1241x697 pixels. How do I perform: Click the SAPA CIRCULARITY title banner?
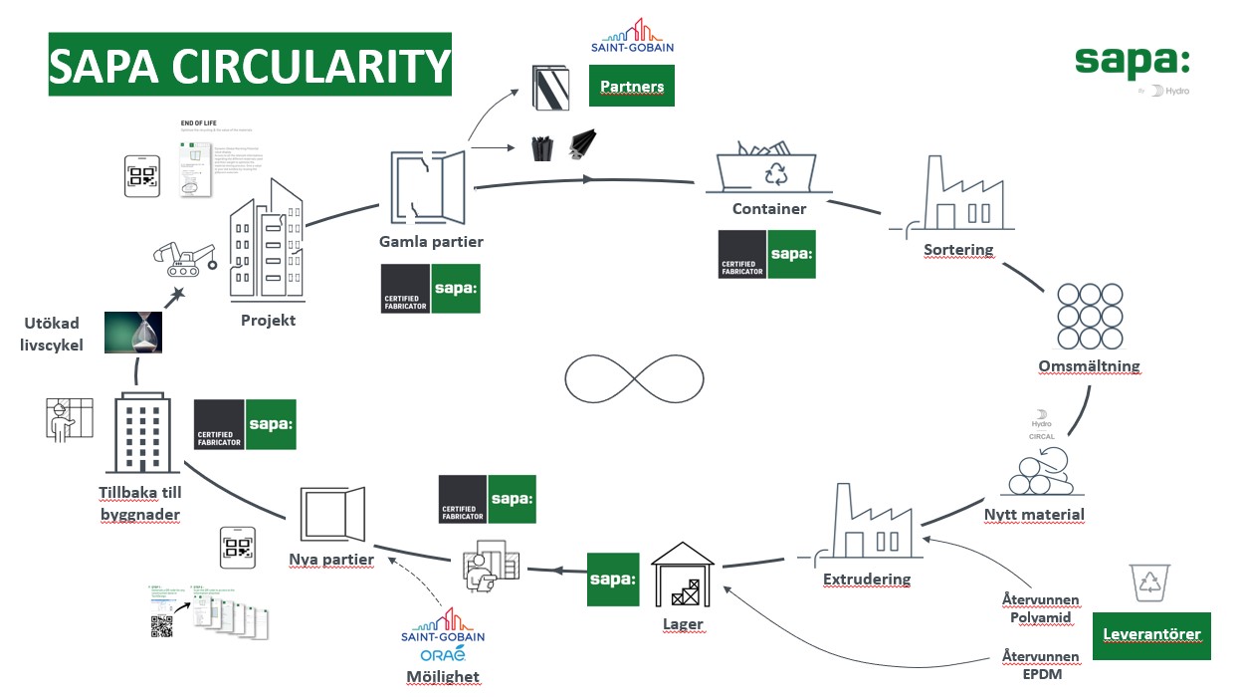[x=250, y=65]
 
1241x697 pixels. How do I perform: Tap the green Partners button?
[x=632, y=87]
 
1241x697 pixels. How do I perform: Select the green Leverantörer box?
[x=1151, y=634]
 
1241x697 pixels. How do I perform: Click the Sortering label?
[x=958, y=249]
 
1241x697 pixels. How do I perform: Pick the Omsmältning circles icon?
[x=1089, y=316]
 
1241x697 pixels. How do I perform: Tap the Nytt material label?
[x=1034, y=515]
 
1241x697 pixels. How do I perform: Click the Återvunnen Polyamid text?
[x=1041, y=609]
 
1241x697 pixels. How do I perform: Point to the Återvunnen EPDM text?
[x=1041, y=665]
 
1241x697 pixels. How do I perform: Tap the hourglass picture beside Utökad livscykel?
[x=132, y=333]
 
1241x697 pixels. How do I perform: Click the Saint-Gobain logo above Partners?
[x=632, y=37]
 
